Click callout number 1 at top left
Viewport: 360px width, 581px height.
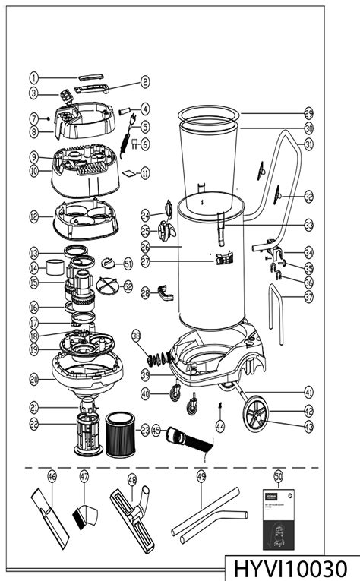pos(34,77)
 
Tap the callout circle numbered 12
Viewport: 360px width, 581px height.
pos(34,216)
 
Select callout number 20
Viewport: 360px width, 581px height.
pos(34,379)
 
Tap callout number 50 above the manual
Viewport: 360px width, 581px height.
pos(278,475)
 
